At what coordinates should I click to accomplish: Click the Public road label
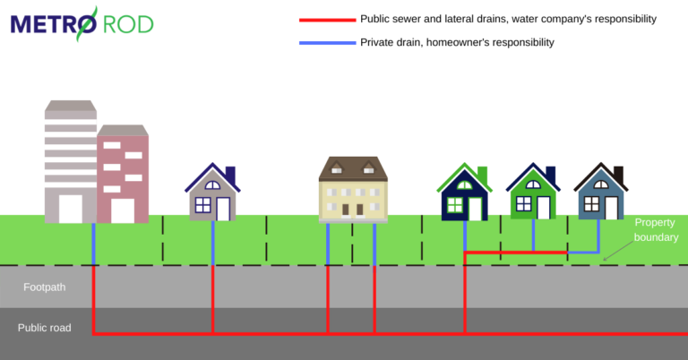pos(45,328)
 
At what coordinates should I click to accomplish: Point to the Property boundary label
pos(656,229)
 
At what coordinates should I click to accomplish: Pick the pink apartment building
pos(123,175)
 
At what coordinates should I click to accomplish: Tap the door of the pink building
pos(123,210)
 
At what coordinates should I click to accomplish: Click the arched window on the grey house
pos(212,185)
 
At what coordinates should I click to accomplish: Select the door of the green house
pos(544,208)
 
